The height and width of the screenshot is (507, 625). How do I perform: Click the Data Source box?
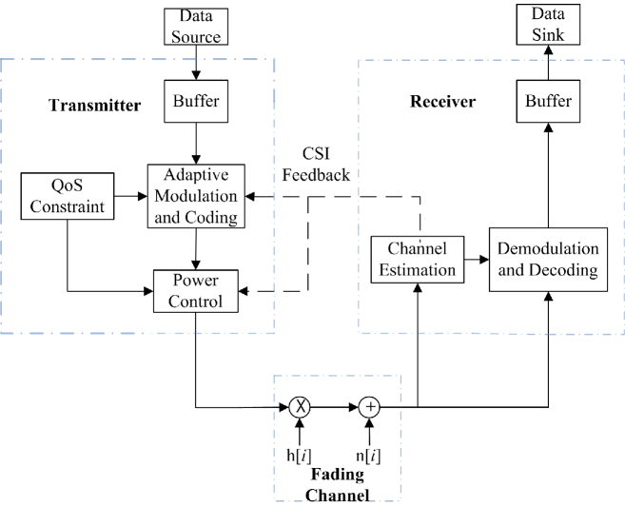point(196,28)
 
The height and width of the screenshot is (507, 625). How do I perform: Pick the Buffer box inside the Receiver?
point(549,101)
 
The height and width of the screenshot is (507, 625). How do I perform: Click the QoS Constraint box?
point(68,195)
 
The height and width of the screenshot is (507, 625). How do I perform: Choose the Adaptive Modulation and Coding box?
point(196,195)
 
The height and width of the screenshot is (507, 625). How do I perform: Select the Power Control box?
point(196,291)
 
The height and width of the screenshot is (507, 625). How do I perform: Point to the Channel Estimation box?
point(418,259)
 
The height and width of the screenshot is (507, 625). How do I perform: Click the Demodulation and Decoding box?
point(549,259)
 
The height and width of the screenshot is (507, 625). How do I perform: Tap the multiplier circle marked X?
point(301,406)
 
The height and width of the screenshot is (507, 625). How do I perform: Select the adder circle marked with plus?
point(370,406)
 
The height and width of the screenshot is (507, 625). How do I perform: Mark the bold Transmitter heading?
point(94,106)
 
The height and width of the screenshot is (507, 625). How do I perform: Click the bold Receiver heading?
point(442,101)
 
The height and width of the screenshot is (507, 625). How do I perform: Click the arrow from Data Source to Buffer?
point(196,63)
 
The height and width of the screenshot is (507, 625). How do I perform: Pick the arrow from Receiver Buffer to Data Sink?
point(549,64)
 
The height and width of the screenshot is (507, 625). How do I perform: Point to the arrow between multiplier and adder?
point(335,406)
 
